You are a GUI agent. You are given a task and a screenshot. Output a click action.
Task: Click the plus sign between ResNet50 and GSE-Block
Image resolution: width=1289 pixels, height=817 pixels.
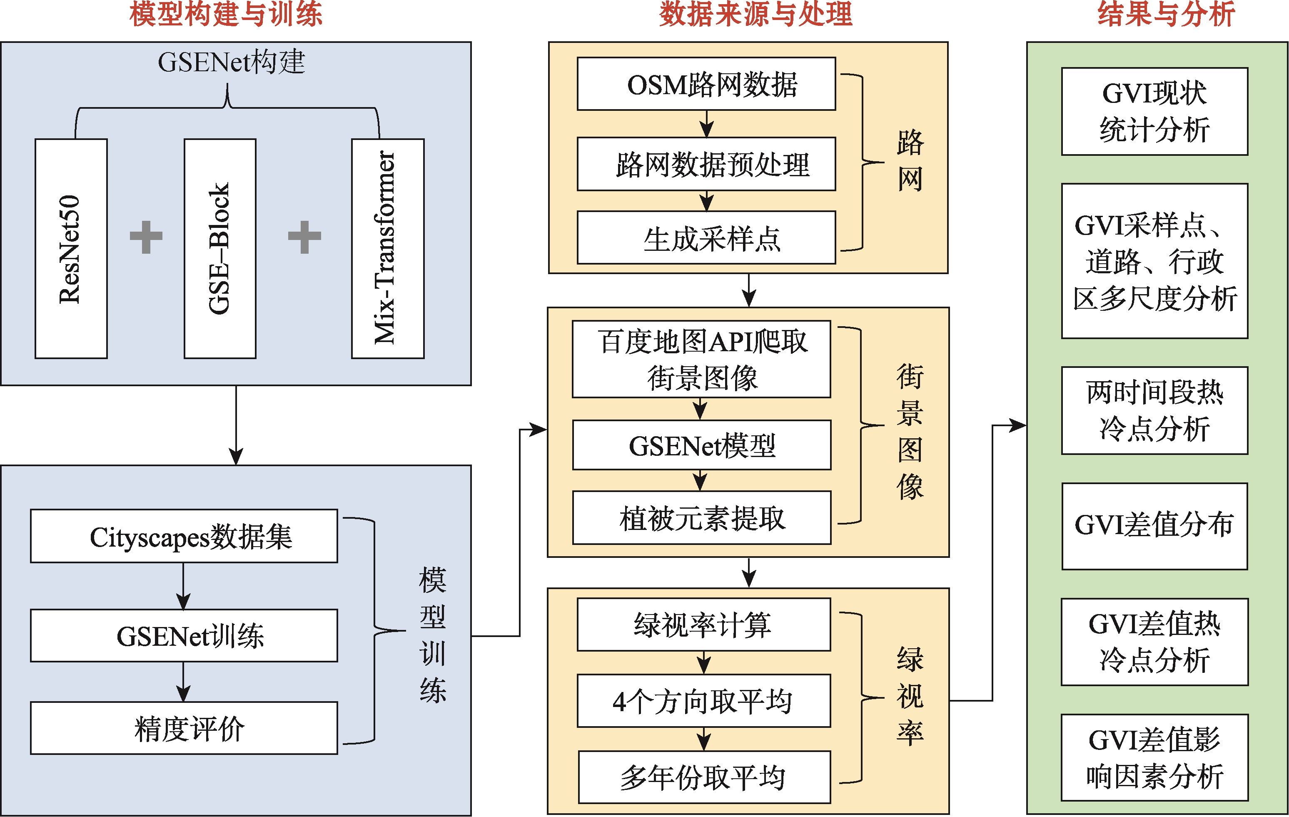pos(146,237)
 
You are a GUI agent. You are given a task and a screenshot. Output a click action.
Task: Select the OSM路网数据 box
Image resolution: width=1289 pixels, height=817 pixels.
pos(706,84)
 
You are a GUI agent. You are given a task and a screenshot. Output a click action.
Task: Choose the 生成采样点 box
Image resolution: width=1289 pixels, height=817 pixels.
pos(706,238)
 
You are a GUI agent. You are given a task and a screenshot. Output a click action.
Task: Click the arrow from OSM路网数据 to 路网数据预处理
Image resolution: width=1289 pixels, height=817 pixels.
pos(707,124)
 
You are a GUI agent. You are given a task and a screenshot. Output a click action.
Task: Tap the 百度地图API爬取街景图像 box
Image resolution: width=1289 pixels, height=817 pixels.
pos(701,359)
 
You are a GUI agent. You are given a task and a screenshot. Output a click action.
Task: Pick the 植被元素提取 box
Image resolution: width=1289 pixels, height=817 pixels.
pos(701,518)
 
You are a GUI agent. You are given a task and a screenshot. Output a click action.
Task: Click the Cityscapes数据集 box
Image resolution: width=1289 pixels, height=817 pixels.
pos(184,536)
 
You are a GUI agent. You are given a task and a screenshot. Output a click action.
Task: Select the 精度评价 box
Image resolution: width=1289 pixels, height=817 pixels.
pos(184,728)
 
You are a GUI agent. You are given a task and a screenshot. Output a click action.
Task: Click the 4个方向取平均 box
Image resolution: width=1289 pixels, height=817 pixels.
pos(703,701)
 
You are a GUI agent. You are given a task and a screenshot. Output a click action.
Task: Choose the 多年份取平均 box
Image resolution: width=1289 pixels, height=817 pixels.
pos(704,777)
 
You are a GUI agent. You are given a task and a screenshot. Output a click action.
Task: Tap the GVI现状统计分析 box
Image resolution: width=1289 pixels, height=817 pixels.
pos(1154,111)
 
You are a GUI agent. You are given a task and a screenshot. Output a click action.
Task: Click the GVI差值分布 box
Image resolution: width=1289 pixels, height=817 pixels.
pos(1154,526)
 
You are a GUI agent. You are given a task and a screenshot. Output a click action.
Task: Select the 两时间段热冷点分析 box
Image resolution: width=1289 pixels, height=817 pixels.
pos(1154,411)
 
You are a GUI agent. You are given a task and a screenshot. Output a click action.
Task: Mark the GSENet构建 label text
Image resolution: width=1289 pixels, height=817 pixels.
pos(231,62)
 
